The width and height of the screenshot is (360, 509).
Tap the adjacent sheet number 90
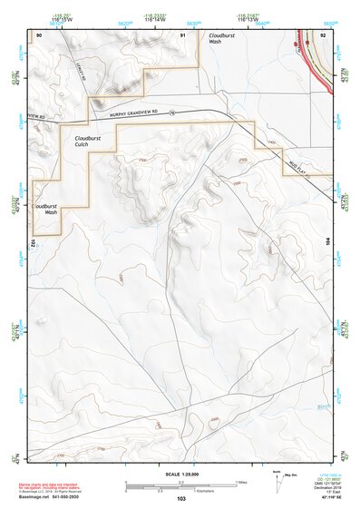pos(39,34)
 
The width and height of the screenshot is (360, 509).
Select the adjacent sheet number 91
pos(183,34)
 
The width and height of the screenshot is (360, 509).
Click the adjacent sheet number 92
pos(323,34)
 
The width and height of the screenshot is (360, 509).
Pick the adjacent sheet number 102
pos(33,242)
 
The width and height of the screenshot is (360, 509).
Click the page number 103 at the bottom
pos(181,499)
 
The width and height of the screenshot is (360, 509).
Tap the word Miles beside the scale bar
pos(243,482)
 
